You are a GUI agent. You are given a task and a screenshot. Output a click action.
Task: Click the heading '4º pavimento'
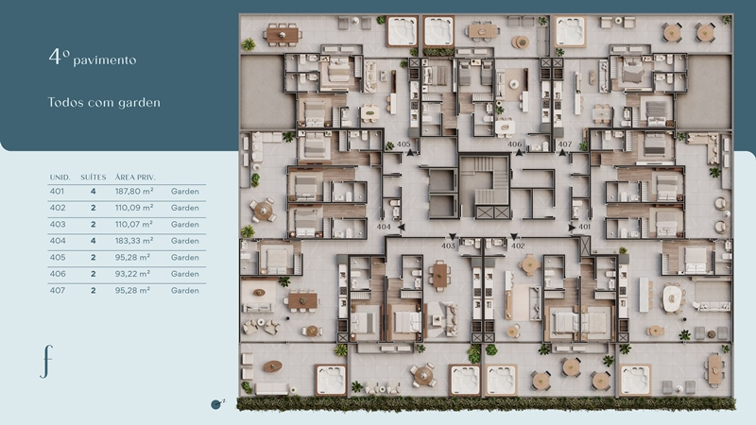pyautogui.click(x=92, y=57)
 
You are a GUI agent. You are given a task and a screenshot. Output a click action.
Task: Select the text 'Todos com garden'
pyautogui.click(x=104, y=102)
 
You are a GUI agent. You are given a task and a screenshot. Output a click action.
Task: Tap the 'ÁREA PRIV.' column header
pyautogui.click(x=135, y=178)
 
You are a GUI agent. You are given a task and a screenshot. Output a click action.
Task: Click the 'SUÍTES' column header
pyautogui.click(x=93, y=178)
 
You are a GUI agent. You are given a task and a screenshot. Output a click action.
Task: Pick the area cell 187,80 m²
pyautogui.click(x=134, y=192)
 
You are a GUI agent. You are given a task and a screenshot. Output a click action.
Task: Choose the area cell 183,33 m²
pyautogui.click(x=134, y=241)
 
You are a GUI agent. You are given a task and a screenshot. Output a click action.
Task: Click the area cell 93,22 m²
pyautogui.click(x=132, y=274)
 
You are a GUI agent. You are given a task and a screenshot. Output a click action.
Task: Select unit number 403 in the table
pyautogui.click(x=57, y=224)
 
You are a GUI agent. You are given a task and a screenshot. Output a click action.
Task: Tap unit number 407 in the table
pyautogui.click(x=57, y=291)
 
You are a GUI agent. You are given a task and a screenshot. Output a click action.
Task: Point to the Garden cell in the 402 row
pyautogui.click(x=184, y=208)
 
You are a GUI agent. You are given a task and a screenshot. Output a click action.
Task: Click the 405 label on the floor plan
pyautogui.click(x=404, y=144)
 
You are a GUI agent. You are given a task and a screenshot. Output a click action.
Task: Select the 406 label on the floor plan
pyautogui.click(x=514, y=144)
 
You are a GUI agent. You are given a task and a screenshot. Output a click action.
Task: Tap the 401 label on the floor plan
pyautogui.click(x=584, y=227)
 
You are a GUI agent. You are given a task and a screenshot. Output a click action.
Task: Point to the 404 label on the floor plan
pyautogui.click(x=384, y=227)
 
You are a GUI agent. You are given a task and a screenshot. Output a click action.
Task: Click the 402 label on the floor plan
pyautogui.click(x=518, y=246)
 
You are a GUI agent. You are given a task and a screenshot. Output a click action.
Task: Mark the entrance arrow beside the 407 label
pyautogui.click(x=562, y=153)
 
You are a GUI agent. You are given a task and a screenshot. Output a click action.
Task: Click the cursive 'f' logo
pyautogui.click(x=46, y=362)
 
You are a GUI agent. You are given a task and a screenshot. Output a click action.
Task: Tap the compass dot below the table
pyautogui.click(x=215, y=404)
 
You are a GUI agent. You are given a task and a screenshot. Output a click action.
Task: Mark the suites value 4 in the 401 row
pyautogui.click(x=93, y=192)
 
